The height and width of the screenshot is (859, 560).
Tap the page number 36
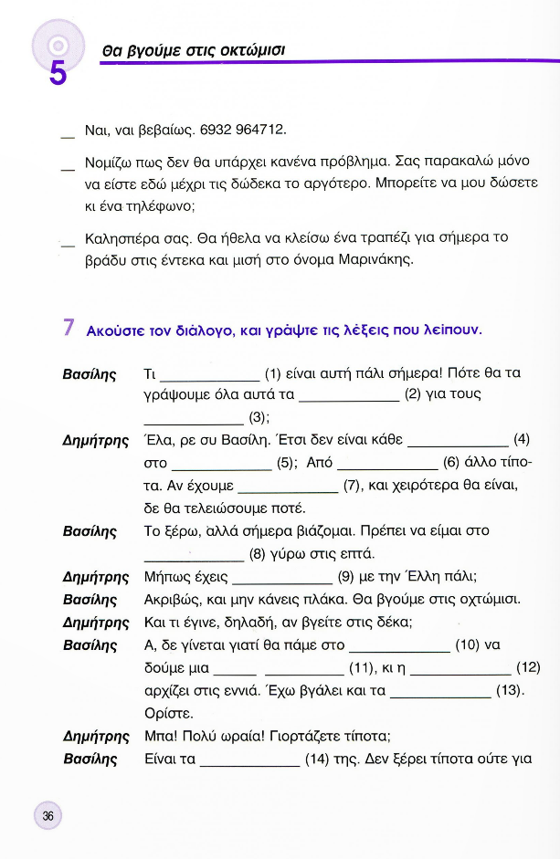click(46, 816)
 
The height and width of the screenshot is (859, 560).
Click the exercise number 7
click(68, 329)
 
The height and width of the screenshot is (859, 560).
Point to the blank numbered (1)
click(216, 375)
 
